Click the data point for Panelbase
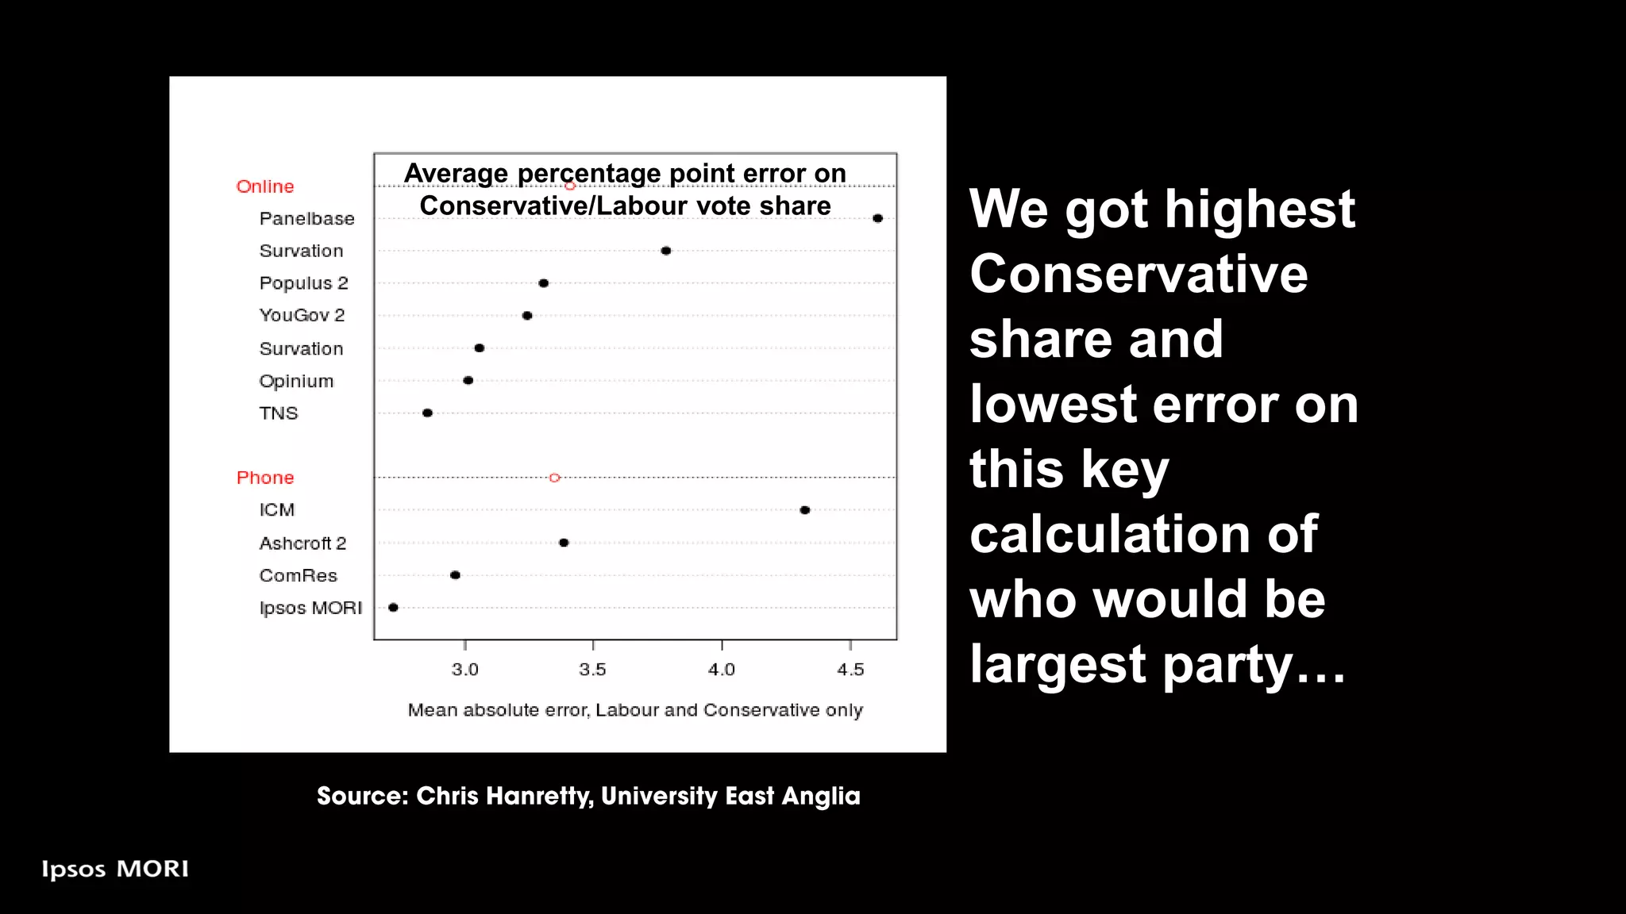coord(877,218)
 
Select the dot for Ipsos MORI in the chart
coord(393,608)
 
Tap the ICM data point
coord(805,510)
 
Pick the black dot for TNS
coord(427,413)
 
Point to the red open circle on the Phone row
coord(555,478)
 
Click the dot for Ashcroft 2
coord(564,543)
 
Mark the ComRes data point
coord(455,575)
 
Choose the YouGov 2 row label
coord(302,316)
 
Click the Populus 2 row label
coord(303,283)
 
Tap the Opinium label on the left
coord(296,381)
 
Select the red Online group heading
coord(265,186)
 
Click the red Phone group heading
coord(265,478)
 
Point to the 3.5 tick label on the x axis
coord(592,670)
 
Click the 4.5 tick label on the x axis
coord(850,670)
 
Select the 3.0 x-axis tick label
coord(464,670)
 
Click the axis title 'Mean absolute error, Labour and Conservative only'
coord(635,710)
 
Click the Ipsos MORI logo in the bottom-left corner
coord(115,870)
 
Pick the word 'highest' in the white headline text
coord(1210,209)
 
